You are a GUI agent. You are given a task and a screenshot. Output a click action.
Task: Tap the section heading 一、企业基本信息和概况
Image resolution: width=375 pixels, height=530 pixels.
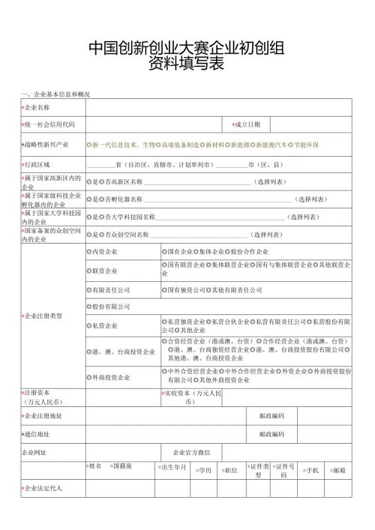[x=56, y=94]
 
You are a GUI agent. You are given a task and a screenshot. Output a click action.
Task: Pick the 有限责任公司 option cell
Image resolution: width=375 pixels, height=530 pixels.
[x=109, y=289]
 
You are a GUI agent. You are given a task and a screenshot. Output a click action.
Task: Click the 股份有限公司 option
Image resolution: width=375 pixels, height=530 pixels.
[x=109, y=307]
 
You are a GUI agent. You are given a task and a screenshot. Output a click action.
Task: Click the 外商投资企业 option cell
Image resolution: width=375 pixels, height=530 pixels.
[x=109, y=376]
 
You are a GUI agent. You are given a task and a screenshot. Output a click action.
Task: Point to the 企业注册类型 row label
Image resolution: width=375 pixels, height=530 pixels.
[x=43, y=316]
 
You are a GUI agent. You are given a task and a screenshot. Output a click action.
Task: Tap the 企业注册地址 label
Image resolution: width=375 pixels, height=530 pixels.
[x=43, y=415]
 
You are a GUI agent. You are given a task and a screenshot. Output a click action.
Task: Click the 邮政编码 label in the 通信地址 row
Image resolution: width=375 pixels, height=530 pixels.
[x=271, y=434]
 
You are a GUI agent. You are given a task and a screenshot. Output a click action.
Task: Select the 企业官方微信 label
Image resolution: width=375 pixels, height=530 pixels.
[x=191, y=453]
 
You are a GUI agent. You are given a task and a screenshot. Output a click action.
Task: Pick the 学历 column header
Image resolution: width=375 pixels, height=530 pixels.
[x=203, y=470]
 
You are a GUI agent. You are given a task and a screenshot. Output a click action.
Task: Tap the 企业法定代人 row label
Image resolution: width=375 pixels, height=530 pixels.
[x=43, y=488]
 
